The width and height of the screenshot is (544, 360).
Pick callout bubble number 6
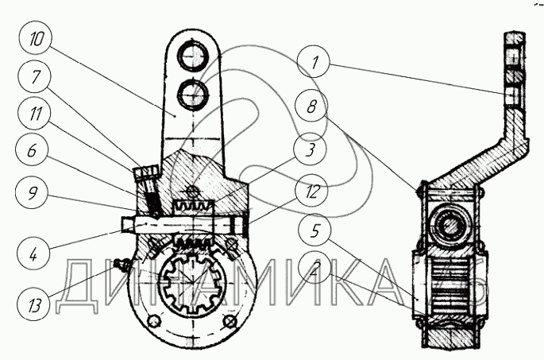[x=37, y=152]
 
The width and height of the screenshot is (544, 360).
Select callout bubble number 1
[x=316, y=63]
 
